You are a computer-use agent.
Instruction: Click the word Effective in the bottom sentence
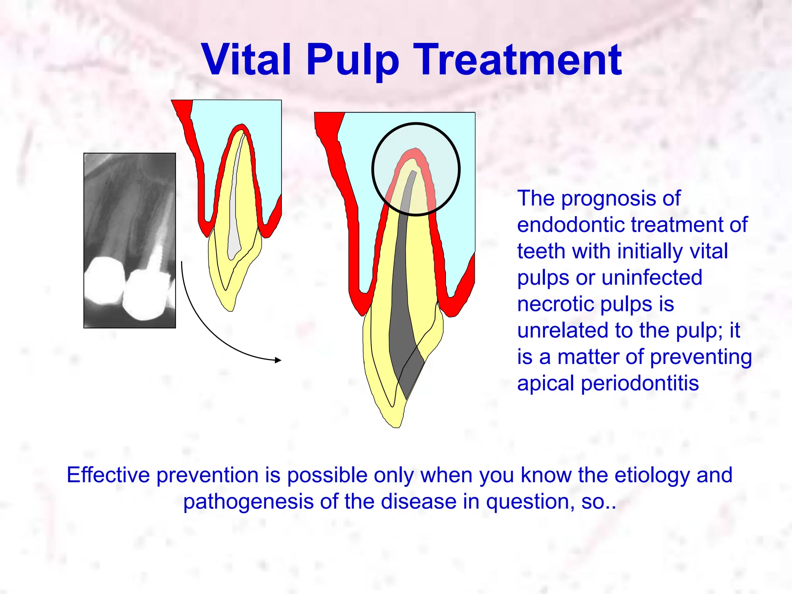[108, 475]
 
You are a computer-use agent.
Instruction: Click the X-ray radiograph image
[130, 240]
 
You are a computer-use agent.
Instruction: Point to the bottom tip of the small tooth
[229, 309]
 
